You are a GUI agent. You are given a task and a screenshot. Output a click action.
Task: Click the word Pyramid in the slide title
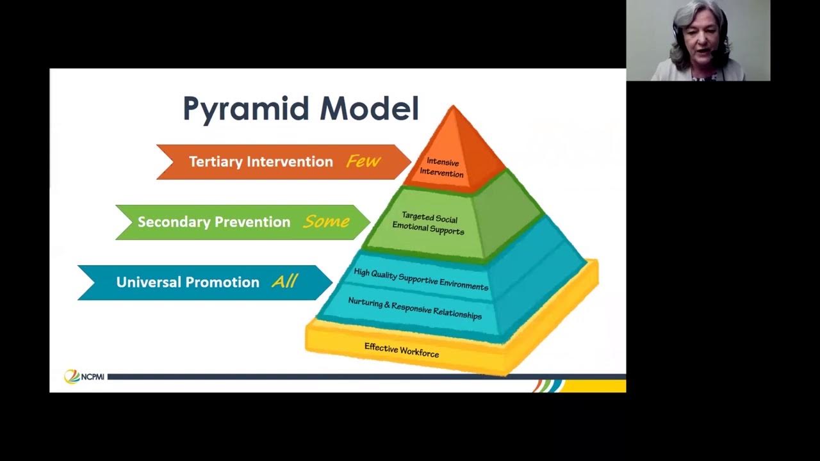(x=247, y=109)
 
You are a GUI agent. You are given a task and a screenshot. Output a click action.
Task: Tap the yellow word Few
(x=363, y=161)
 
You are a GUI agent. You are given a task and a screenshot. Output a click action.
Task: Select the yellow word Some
(x=326, y=222)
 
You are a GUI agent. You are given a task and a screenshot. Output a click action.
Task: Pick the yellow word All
(x=284, y=282)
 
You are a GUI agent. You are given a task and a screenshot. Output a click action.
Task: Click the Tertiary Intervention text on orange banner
(x=261, y=162)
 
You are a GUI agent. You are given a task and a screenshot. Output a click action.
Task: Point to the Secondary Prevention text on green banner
(x=214, y=222)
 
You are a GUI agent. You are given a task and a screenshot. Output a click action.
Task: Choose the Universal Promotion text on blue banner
(x=188, y=282)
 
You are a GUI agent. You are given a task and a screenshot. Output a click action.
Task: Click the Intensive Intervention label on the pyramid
(x=442, y=168)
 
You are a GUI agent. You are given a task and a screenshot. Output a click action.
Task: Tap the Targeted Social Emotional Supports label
(x=429, y=223)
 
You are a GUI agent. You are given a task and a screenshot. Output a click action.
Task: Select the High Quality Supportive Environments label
(x=421, y=279)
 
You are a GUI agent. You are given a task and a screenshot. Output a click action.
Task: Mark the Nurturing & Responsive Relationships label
(x=414, y=309)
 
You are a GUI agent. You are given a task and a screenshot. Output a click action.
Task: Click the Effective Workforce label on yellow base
(x=402, y=350)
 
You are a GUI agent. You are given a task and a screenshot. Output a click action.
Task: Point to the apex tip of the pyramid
(x=453, y=107)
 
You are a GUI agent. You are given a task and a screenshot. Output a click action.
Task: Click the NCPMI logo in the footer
(x=84, y=376)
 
